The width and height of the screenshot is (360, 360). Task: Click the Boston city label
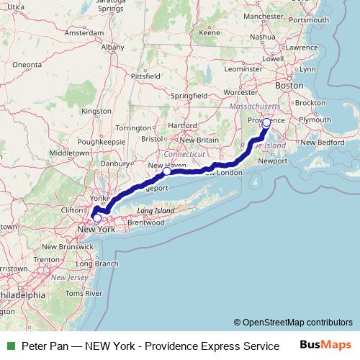pos(289,84)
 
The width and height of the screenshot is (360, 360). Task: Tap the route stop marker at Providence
pos(266,122)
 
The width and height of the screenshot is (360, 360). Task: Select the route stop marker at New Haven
pos(166,171)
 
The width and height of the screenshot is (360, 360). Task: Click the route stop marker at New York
pos(97,217)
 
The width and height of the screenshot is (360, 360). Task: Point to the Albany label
pos(113,47)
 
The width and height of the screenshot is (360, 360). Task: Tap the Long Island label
pos(156,211)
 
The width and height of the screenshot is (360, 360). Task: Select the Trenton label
pos(46,259)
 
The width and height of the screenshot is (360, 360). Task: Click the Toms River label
pos(79,293)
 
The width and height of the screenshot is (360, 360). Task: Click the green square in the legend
pos(10,346)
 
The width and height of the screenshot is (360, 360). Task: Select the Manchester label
pos(264,15)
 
